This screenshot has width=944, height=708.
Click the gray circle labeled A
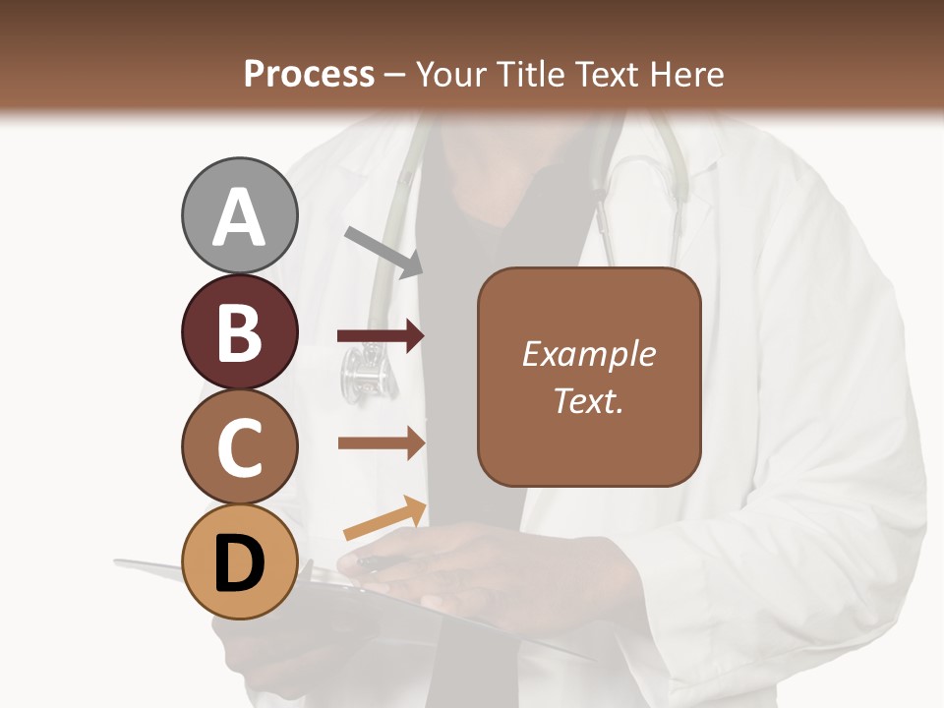[x=240, y=215]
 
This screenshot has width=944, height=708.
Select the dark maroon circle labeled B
[x=240, y=331]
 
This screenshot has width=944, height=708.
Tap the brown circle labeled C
[x=240, y=446]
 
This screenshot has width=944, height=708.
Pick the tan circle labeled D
[x=240, y=561]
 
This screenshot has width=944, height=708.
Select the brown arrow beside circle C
[x=381, y=443]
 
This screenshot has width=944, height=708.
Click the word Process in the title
[x=309, y=75]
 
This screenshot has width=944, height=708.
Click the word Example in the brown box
[x=588, y=354]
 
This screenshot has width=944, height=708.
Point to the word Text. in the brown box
[x=588, y=400]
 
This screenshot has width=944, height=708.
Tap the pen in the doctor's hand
[x=379, y=562]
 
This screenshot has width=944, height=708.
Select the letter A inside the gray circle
[x=240, y=217]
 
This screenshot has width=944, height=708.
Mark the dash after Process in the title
[x=395, y=75]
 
